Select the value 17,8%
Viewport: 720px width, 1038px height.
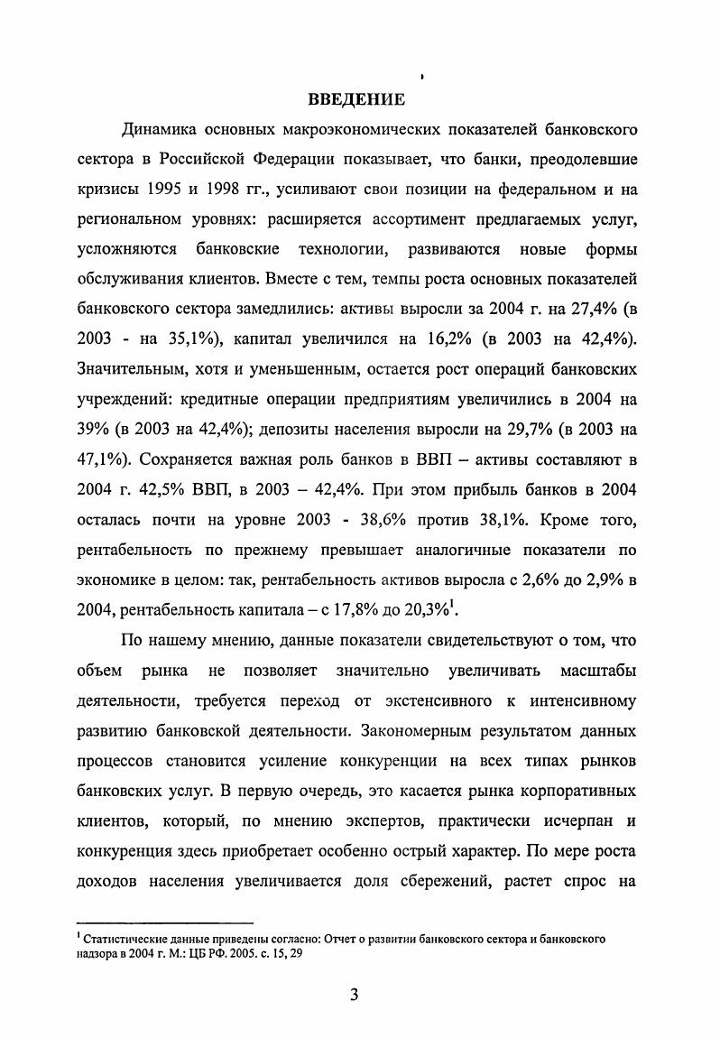click(x=342, y=607)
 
